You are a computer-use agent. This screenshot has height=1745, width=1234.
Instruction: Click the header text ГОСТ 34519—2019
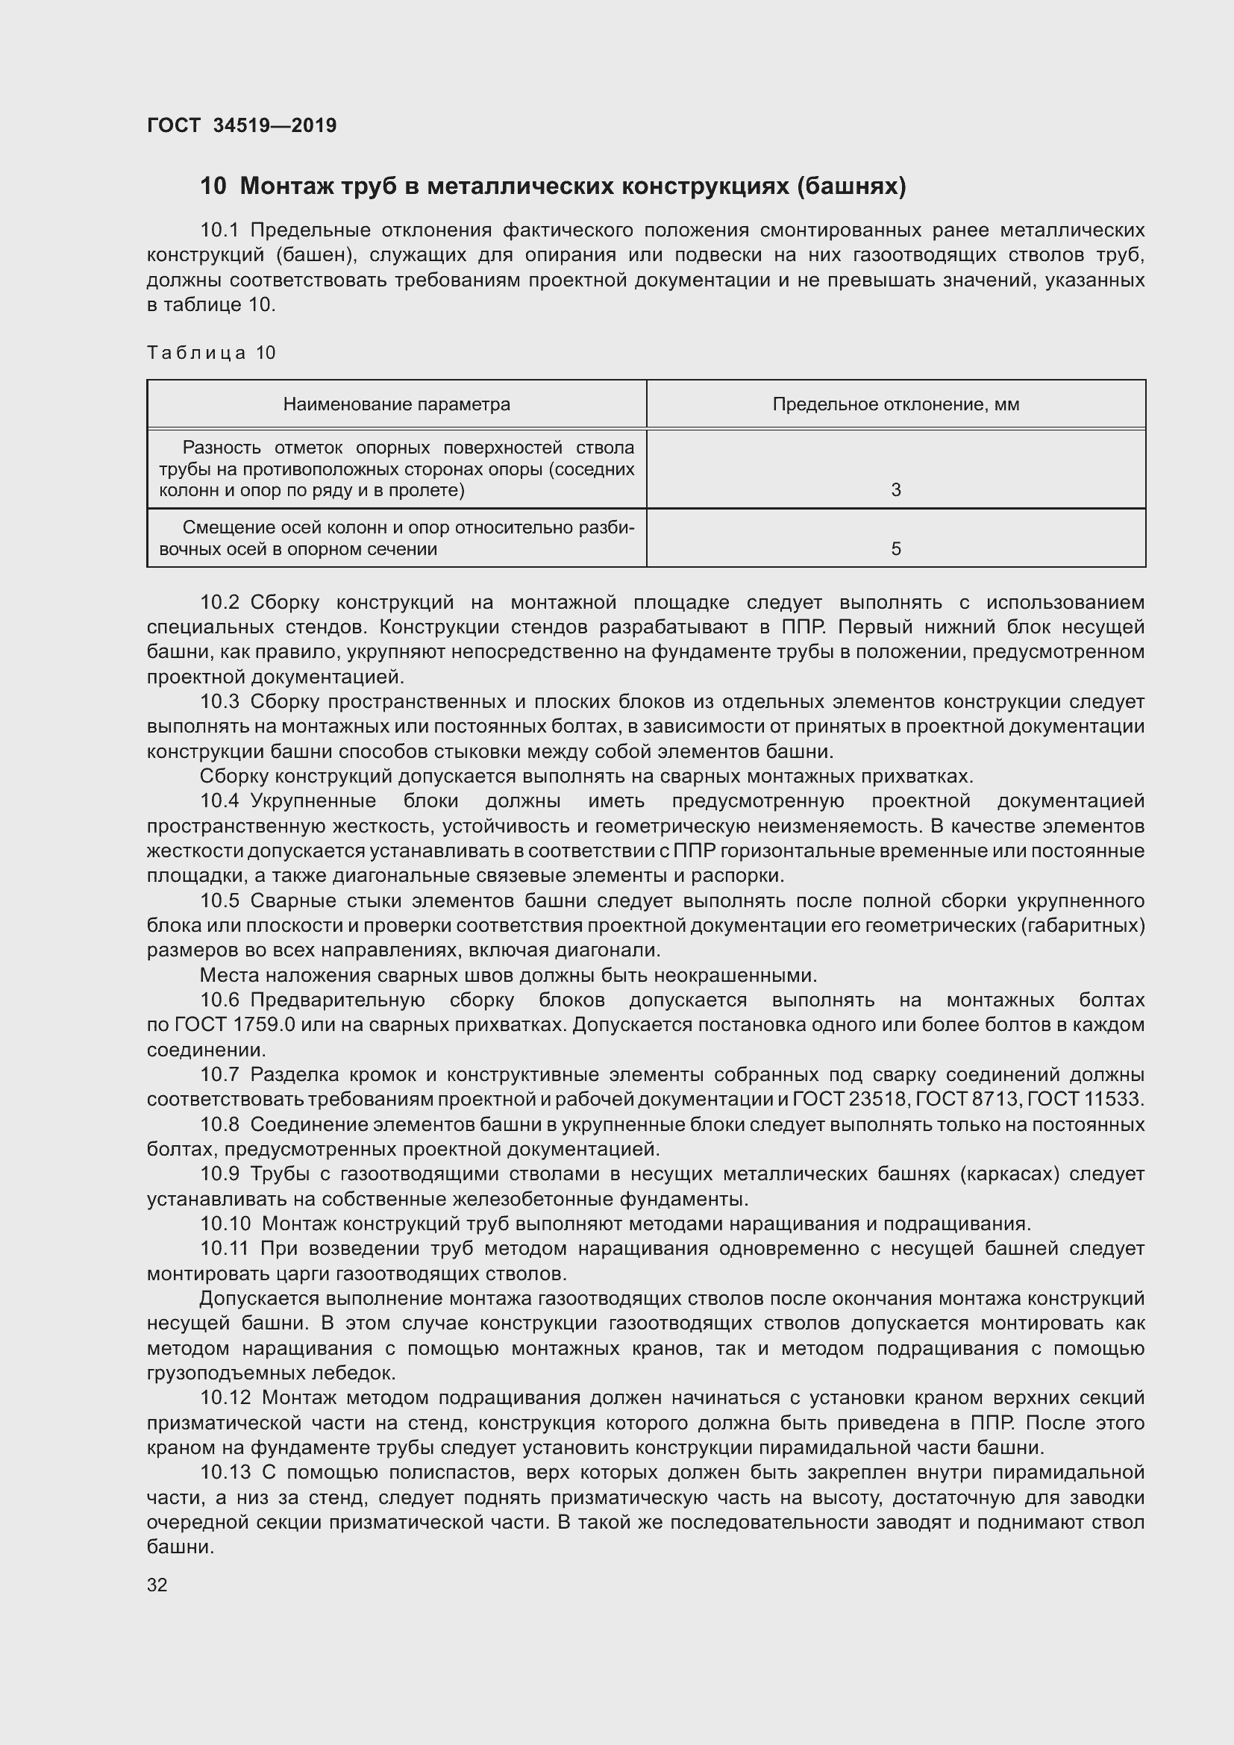point(242,125)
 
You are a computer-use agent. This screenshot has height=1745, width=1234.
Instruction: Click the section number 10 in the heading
point(213,187)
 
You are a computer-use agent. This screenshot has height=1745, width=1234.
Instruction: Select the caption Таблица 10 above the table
point(210,353)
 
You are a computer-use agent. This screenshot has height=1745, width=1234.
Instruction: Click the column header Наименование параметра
point(397,404)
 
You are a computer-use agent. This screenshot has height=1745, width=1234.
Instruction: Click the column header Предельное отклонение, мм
point(896,404)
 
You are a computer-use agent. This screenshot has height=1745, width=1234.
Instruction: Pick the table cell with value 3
point(896,490)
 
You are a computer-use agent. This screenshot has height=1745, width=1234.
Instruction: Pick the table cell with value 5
point(896,549)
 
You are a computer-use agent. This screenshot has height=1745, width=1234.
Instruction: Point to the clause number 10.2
point(219,603)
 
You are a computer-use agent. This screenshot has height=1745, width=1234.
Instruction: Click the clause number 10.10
point(225,1224)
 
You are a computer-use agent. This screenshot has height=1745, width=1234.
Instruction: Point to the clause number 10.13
point(225,1473)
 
